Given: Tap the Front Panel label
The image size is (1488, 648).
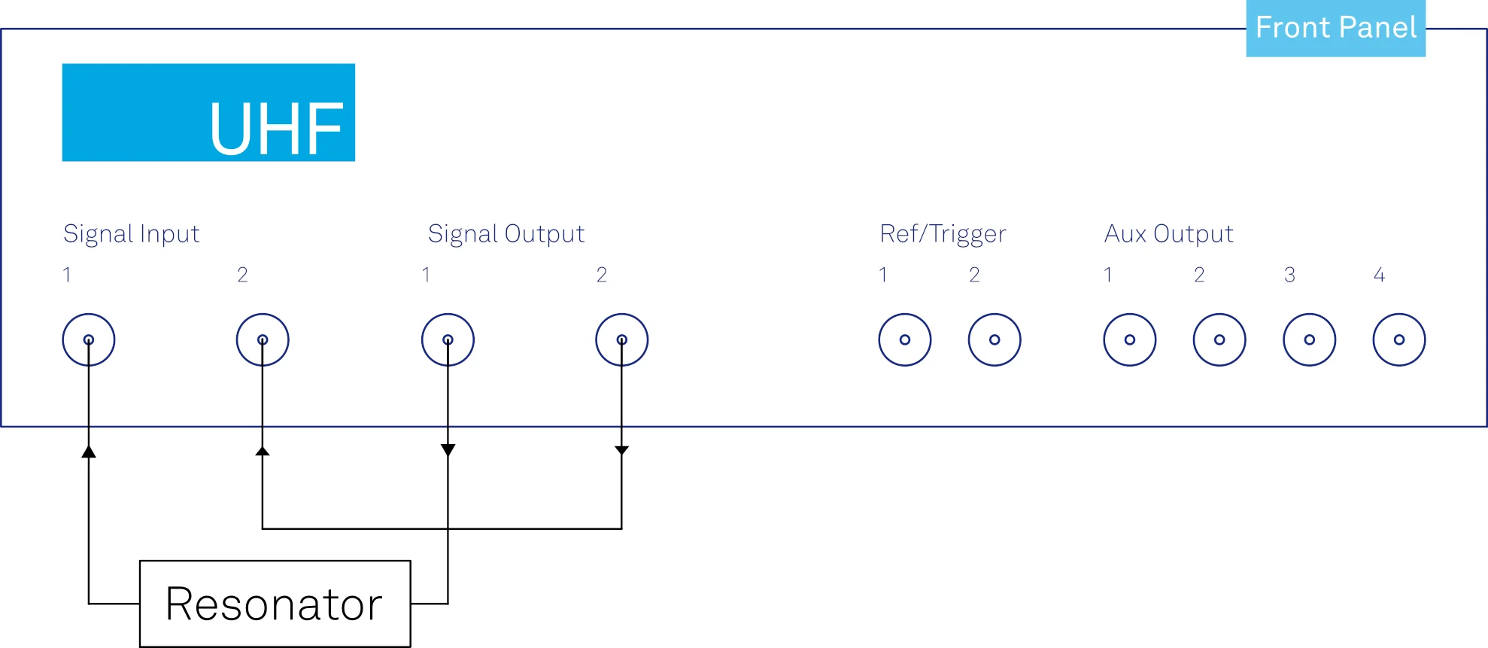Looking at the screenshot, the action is [x=1336, y=28].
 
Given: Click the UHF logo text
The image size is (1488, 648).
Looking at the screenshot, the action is [x=276, y=129].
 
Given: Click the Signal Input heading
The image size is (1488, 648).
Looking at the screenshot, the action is [x=132, y=234].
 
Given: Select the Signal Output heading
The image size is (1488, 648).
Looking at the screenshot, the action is [x=506, y=234].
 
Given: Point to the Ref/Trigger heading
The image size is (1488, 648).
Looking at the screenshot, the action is [x=943, y=234].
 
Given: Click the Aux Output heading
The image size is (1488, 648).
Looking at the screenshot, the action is [x=1169, y=234].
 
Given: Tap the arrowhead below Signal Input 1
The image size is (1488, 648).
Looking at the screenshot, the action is [x=89, y=452].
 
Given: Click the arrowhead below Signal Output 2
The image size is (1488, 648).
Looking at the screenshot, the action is [x=621, y=450].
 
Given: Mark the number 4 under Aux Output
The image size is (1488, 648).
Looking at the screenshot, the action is [x=1379, y=275].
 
